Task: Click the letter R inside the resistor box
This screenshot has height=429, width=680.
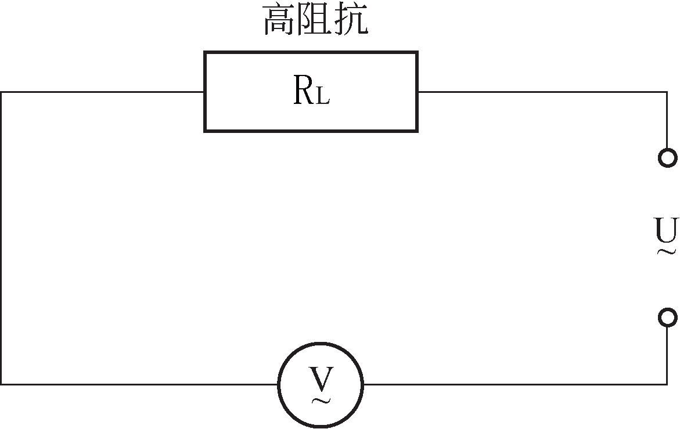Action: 304,91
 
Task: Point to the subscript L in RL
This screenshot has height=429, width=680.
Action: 323,96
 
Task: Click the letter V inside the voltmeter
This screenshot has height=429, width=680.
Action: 321,378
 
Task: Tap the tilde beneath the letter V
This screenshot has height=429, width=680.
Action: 321,400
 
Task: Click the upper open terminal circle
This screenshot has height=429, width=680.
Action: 668,157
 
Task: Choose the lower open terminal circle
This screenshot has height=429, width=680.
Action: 668,318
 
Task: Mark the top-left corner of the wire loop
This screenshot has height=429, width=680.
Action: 1,92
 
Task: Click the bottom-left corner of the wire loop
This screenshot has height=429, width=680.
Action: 1,384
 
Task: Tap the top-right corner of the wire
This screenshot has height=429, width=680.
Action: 667,92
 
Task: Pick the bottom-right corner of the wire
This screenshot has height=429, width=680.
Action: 667,384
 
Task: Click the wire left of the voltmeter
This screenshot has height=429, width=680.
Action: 139,384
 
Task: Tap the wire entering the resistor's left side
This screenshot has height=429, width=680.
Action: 102,92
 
